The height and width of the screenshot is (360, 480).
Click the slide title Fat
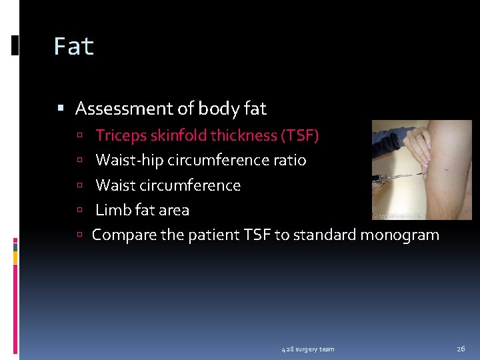pos(74,47)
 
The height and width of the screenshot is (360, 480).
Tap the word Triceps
pos(121,136)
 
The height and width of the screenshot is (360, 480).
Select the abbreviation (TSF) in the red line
pos(301,136)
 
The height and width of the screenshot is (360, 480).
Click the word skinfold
pos(179,136)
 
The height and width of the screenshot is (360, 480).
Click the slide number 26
pos(461,349)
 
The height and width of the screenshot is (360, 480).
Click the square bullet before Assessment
pos(61,109)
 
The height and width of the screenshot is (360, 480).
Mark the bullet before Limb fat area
pos(79,211)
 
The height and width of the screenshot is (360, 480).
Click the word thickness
pos(245,136)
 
